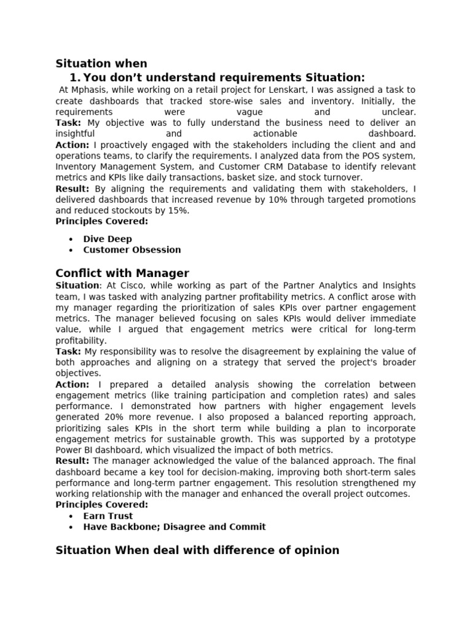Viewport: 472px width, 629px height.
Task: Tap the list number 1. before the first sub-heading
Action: tap(75, 77)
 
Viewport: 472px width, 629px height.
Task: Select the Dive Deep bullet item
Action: tap(108, 239)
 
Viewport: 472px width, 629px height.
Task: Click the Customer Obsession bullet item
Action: tap(132, 250)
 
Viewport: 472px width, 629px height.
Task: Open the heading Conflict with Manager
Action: tap(122, 273)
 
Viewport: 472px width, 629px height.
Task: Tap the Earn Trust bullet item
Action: tap(108, 516)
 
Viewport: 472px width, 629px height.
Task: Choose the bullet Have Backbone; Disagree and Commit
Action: tap(175, 527)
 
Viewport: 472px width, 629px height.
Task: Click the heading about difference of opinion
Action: tap(197, 550)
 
